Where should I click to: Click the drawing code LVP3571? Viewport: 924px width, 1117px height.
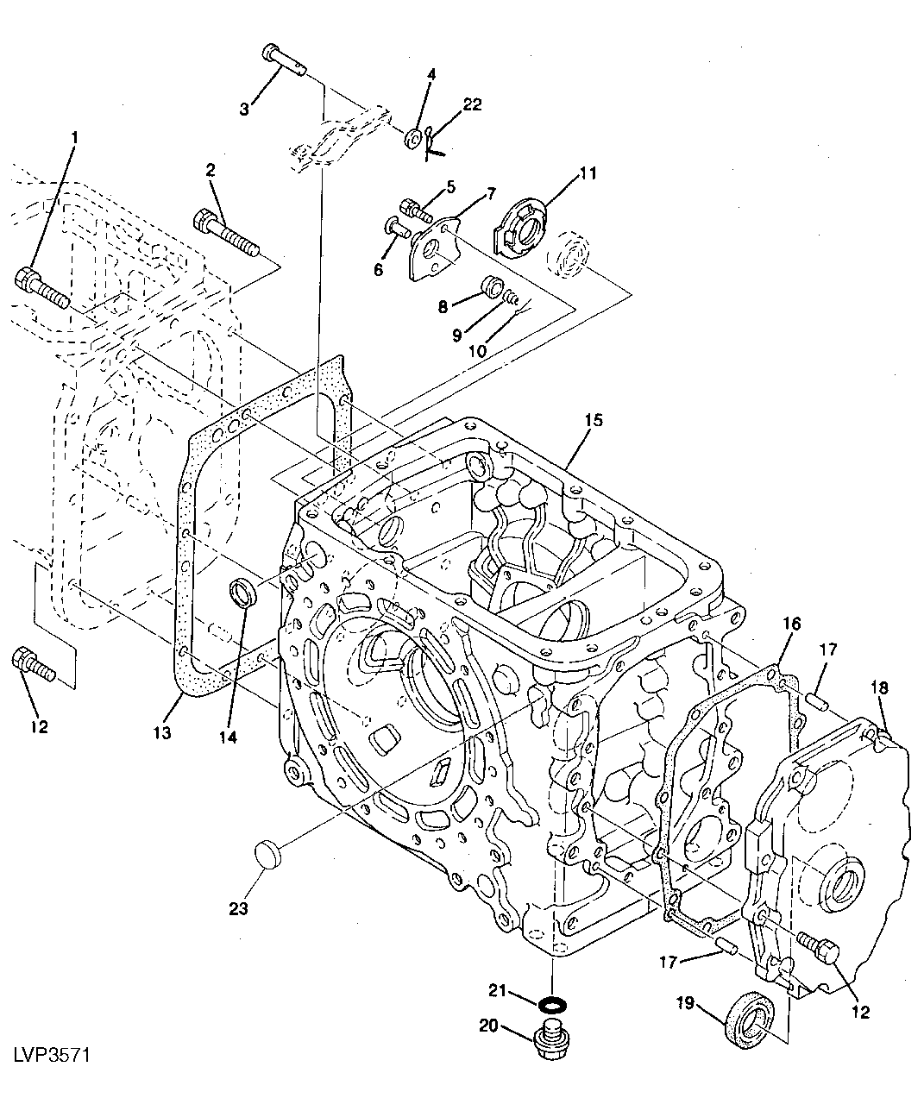52,1055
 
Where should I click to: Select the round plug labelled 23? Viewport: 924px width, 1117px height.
271,857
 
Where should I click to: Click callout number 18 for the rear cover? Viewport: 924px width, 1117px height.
878,687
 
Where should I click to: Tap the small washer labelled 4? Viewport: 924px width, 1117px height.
413,139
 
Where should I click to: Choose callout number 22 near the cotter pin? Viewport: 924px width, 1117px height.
472,104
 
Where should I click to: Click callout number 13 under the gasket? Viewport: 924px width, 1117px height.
161,732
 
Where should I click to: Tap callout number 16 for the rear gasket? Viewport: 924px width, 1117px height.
792,624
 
